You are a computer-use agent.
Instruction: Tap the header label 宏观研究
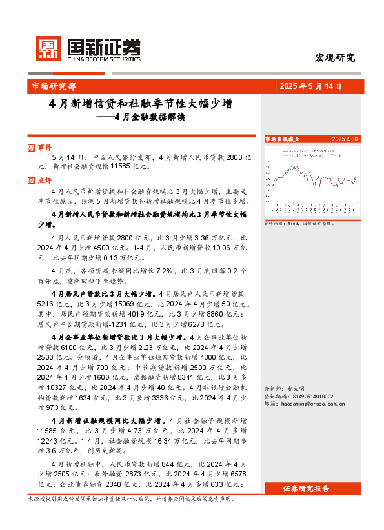click(334, 57)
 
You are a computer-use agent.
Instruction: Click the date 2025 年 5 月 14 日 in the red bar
click(311, 86)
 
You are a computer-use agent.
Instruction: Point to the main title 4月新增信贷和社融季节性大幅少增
click(141, 103)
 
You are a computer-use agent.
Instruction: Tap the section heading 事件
click(45, 148)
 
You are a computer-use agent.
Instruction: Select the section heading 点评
click(45, 181)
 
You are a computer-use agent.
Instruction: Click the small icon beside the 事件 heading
click(32, 148)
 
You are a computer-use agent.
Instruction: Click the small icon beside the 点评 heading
click(32, 181)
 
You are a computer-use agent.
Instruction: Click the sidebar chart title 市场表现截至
click(282, 139)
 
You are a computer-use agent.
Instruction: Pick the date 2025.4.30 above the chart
click(345, 139)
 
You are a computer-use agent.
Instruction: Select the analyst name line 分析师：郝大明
click(285, 389)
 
